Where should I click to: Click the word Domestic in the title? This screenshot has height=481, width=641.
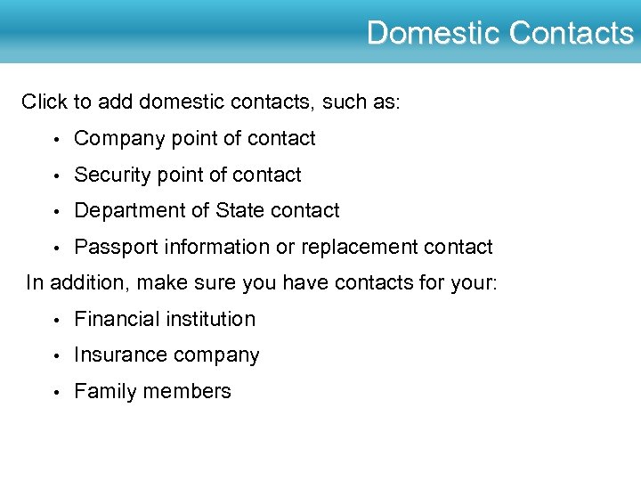[434, 34]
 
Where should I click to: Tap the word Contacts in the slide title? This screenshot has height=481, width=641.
[571, 34]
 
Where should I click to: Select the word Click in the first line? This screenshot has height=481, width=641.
[45, 102]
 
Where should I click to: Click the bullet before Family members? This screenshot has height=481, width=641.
[55, 392]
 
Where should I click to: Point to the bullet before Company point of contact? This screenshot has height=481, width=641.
[55, 140]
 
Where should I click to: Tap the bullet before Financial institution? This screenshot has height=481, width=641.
[55, 320]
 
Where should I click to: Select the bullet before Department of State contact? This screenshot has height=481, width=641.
[55, 212]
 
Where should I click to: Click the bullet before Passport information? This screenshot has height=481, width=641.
[55, 248]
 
